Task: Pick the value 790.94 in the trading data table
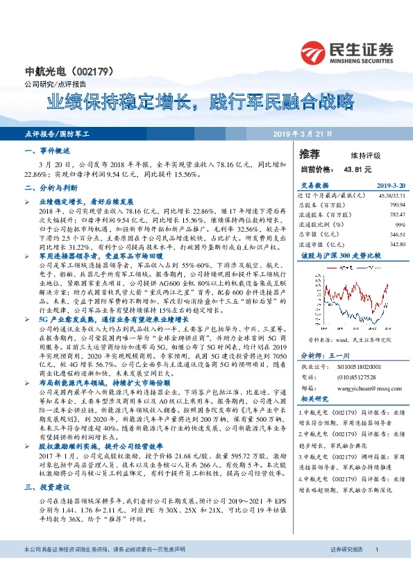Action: [396, 205]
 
